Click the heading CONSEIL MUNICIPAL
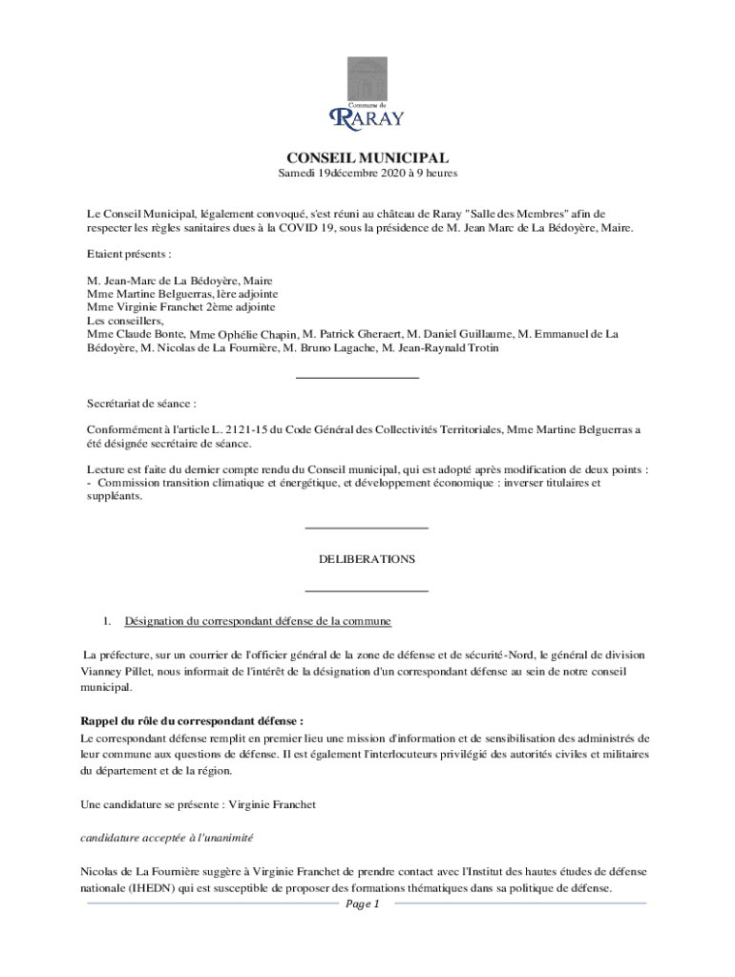(367, 157)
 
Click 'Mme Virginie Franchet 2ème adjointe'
(181, 308)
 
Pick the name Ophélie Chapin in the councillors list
(259, 335)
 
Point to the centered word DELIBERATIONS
(367, 559)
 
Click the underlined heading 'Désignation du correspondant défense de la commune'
(258, 621)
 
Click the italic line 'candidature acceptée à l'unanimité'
(167, 837)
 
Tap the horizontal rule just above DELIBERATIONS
(366, 528)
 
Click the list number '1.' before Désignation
(108, 621)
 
